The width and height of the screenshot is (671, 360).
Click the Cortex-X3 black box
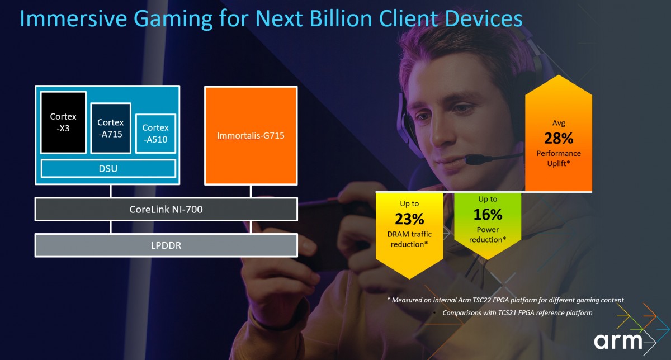click(63, 122)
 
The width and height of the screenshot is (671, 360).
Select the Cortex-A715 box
click(111, 128)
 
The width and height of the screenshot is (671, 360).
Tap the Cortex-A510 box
click(155, 134)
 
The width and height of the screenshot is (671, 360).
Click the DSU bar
click(108, 169)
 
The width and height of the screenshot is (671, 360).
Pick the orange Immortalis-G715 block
click(251, 136)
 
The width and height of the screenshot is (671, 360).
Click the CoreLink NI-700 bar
click(166, 209)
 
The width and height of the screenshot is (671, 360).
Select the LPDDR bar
click(166, 245)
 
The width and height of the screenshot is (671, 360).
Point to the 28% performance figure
click(559, 139)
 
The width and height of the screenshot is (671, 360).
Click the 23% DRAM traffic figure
click(409, 219)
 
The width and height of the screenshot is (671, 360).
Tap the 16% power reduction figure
click(488, 215)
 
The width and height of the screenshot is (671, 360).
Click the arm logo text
click(618, 341)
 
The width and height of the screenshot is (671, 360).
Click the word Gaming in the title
click(173, 19)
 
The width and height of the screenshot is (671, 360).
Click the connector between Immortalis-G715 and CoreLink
click(251, 191)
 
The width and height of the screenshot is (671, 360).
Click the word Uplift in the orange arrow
click(557, 164)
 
